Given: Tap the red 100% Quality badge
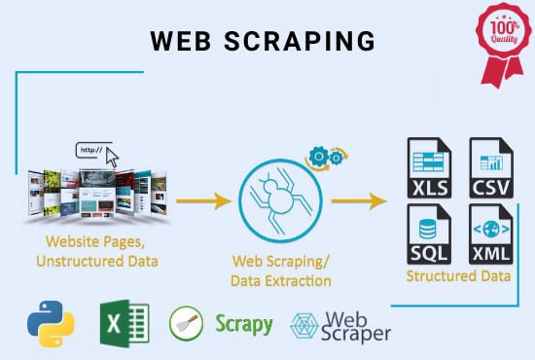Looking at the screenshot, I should tap(501, 35).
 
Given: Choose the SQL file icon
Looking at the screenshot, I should tap(429, 234).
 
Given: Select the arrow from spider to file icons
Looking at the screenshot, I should tap(358, 201).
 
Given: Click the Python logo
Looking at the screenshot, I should tap(48, 325).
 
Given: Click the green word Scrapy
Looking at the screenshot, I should tap(243, 324).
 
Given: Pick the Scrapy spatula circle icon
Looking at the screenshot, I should tap(187, 324).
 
